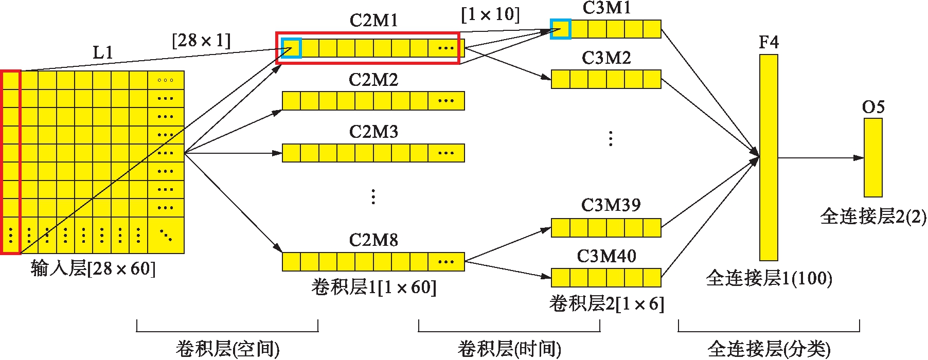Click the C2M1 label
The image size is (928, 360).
373,21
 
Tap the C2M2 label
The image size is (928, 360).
373,80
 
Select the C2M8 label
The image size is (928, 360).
373,240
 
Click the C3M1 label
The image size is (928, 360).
606,8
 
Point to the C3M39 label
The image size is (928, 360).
611,205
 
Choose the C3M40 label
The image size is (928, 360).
606,256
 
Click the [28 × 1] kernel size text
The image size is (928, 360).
201,40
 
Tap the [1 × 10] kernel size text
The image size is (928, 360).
490,14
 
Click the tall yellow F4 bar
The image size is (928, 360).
769,157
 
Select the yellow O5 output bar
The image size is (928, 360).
873,157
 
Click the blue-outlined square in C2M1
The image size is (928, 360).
291,48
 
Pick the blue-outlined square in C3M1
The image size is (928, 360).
560,29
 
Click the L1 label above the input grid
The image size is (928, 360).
103,52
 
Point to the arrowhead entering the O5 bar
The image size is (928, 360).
859,158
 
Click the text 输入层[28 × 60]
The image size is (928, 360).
93,268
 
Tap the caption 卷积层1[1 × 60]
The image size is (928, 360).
373,287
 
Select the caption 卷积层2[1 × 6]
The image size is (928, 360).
606,304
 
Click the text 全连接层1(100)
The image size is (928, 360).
769,278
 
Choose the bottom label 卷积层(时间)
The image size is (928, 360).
509,349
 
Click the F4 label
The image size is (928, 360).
769,42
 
